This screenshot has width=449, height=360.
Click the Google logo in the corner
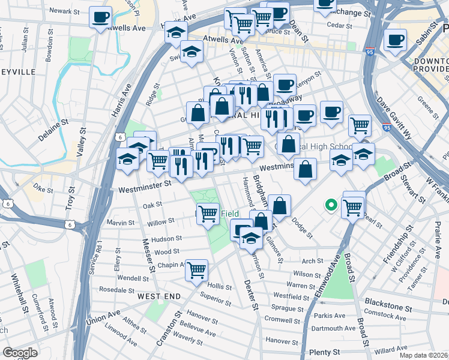tap(20, 353)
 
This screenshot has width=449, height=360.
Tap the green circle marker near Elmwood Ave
tap(330, 206)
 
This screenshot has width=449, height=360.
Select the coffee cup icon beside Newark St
tap(101, 17)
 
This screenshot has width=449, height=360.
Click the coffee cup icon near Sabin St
tap(394, 40)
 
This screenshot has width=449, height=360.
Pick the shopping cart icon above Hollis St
tap(196, 271)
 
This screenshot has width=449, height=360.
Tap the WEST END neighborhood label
tap(158, 296)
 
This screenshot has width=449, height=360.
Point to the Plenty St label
tap(324, 352)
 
